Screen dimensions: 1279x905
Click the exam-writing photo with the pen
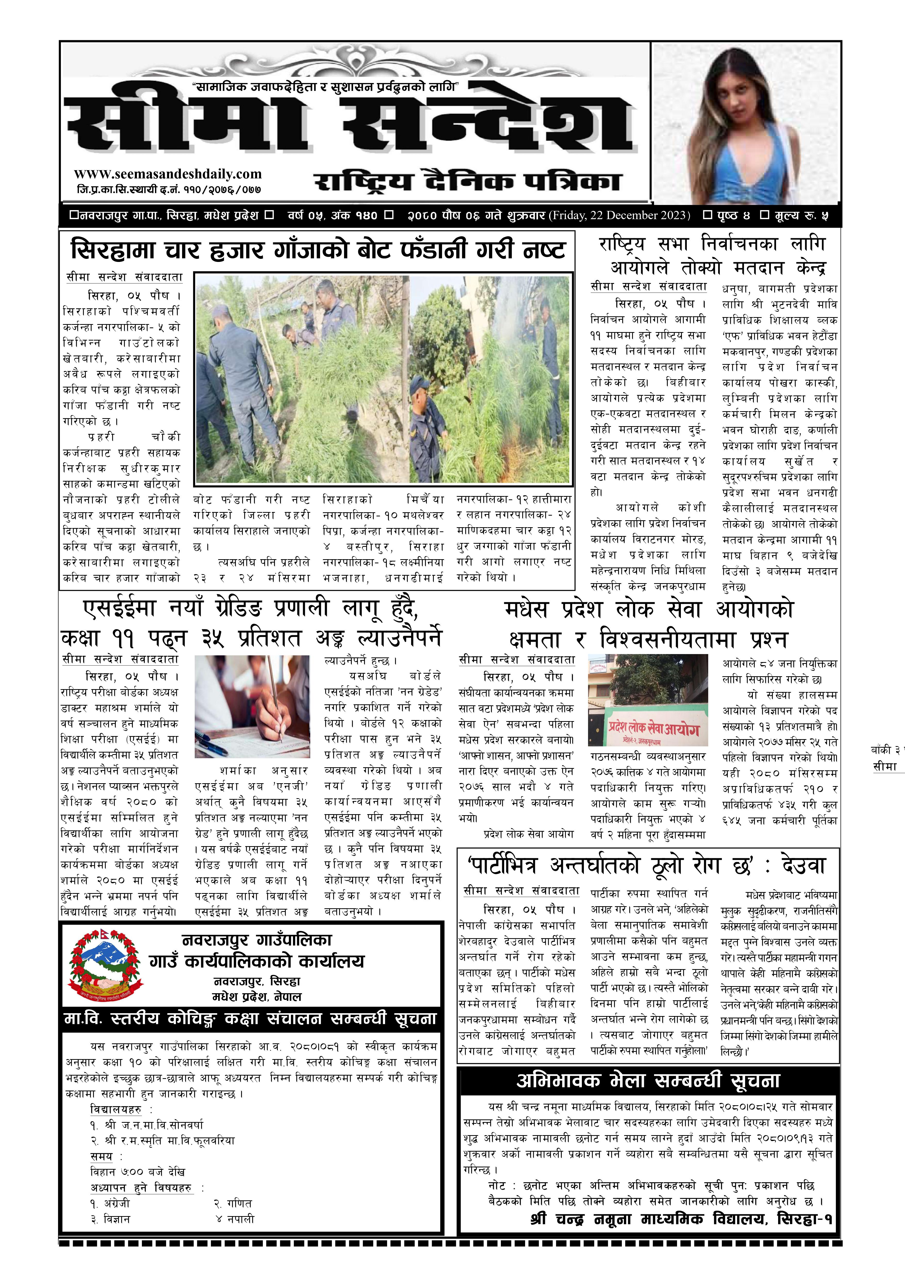(252, 706)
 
